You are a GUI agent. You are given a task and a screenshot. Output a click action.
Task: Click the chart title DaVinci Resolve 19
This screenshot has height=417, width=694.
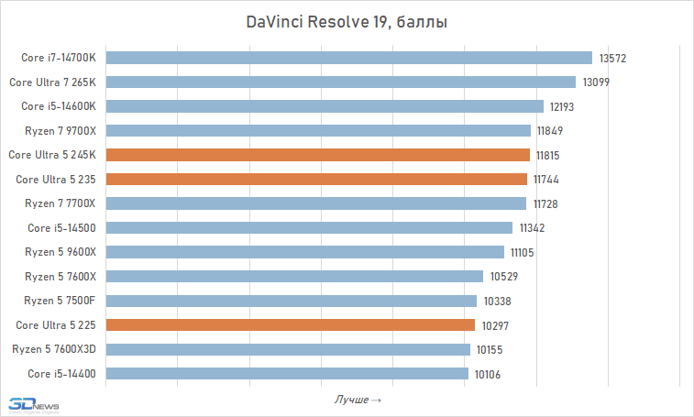(346, 21)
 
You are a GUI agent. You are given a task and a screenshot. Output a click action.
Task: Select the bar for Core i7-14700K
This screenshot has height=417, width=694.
(349, 58)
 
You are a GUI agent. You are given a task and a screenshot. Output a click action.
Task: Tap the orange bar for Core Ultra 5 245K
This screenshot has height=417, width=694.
(318, 155)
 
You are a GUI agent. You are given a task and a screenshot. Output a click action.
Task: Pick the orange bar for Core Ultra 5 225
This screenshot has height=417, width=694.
(291, 324)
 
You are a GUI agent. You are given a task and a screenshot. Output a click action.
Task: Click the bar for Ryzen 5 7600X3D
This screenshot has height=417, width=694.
(288, 349)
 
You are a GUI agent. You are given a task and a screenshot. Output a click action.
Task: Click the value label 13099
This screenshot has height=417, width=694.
(596, 82)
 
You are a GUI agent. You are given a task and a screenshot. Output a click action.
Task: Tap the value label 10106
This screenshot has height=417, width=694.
(489, 374)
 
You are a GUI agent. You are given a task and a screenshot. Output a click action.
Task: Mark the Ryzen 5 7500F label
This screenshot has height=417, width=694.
(61, 301)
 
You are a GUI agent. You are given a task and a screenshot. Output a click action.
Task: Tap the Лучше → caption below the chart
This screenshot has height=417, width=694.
(358, 400)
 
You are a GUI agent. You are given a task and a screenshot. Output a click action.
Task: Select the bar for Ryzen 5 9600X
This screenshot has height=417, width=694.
(305, 252)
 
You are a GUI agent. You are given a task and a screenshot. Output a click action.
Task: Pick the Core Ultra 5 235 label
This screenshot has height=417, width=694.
(56, 179)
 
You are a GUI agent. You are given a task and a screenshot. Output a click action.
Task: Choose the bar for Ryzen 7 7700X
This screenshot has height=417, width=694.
(316, 203)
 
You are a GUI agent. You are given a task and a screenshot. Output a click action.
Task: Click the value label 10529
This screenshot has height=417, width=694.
(503, 276)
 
